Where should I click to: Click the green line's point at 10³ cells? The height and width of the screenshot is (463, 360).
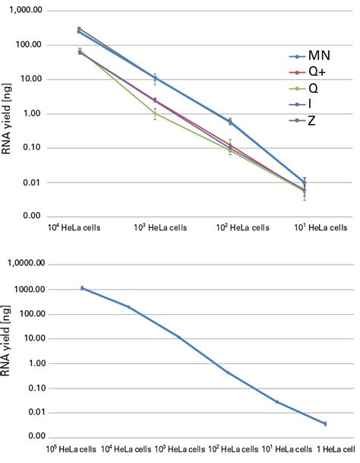pos(155,113)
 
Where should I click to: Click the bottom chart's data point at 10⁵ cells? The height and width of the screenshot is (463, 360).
pos(82,288)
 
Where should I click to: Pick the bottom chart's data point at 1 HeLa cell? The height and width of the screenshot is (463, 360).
pos(326,423)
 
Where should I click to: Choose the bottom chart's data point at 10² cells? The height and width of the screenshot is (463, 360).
pos(228,373)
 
